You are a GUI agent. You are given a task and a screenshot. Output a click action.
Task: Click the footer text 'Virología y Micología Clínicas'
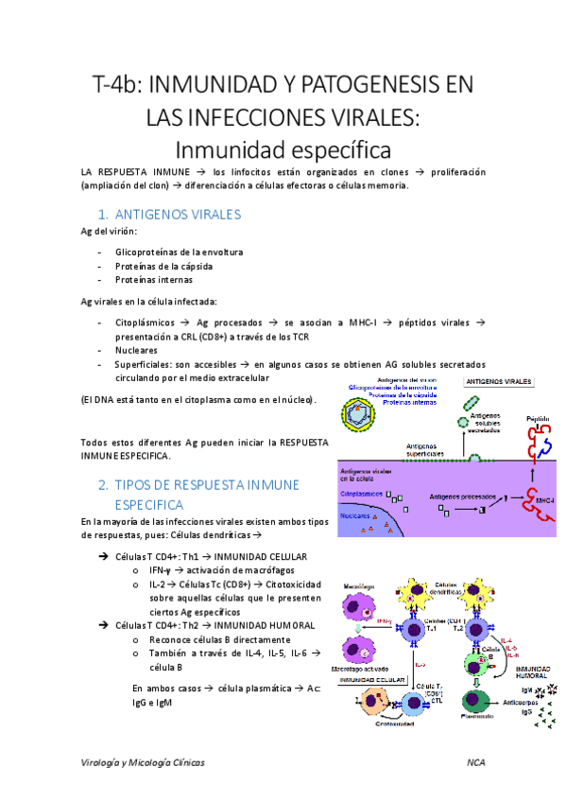point(143,761)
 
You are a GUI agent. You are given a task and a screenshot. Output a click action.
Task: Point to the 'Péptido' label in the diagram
point(538,417)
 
